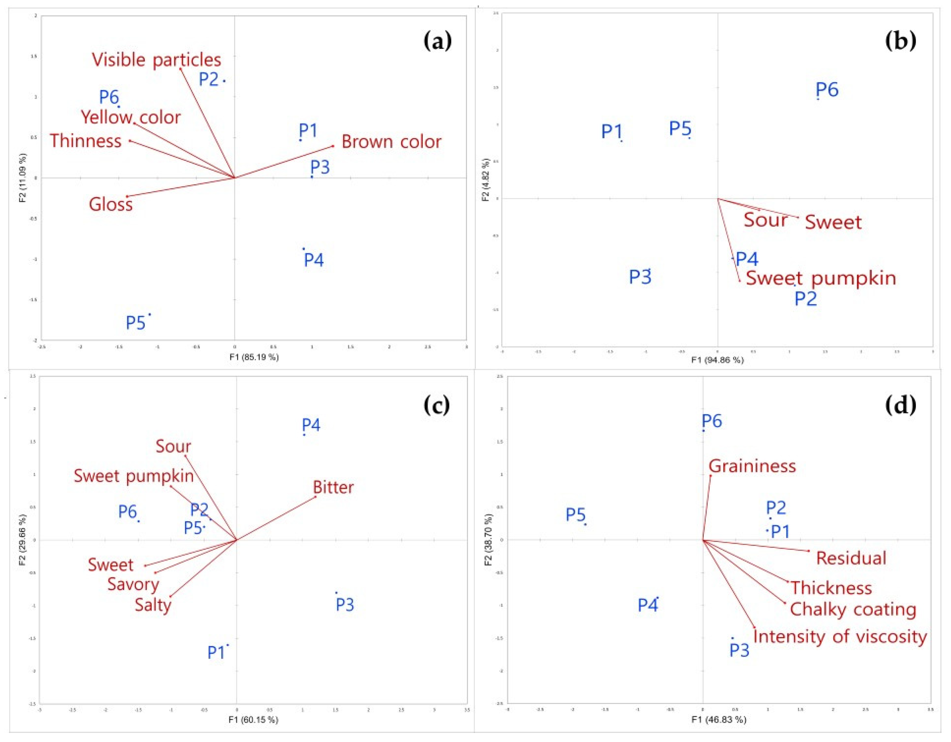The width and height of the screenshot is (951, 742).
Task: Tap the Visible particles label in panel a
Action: tap(156, 60)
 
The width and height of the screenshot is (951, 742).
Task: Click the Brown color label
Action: tap(391, 142)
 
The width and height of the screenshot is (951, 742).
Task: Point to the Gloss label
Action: tap(111, 204)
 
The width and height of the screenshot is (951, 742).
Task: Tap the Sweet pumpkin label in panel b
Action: tap(821, 278)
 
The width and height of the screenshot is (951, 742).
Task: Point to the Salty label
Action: tap(153, 605)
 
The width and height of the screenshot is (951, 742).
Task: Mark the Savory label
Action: tap(133, 584)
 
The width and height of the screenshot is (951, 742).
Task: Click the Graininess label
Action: tap(752, 466)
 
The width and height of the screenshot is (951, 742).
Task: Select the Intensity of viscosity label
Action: tap(840, 637)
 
